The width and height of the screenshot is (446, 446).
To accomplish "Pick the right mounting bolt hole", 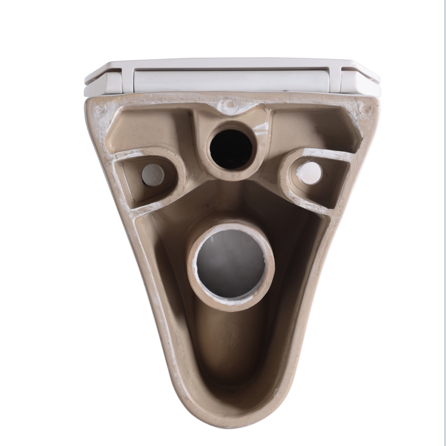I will pos(310,172).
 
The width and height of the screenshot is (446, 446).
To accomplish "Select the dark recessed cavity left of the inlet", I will pos(149,131).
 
